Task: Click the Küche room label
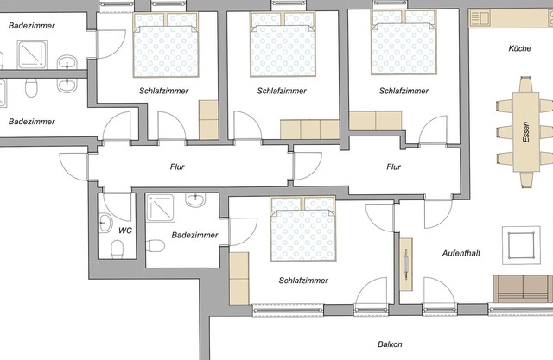tap(520, 50)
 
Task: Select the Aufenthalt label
tap(461, 254)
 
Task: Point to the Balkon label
tap(390, 344)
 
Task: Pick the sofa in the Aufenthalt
tap(522, 287)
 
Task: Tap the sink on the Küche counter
tap(480, 16)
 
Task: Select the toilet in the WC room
tap(118, 249)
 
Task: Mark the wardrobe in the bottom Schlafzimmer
tap(238, 277)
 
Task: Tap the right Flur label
tap(394, 167)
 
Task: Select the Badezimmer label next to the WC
tap(195, 235)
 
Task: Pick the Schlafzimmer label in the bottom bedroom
tap(304, 281)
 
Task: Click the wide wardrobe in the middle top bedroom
tap(311, 129)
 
